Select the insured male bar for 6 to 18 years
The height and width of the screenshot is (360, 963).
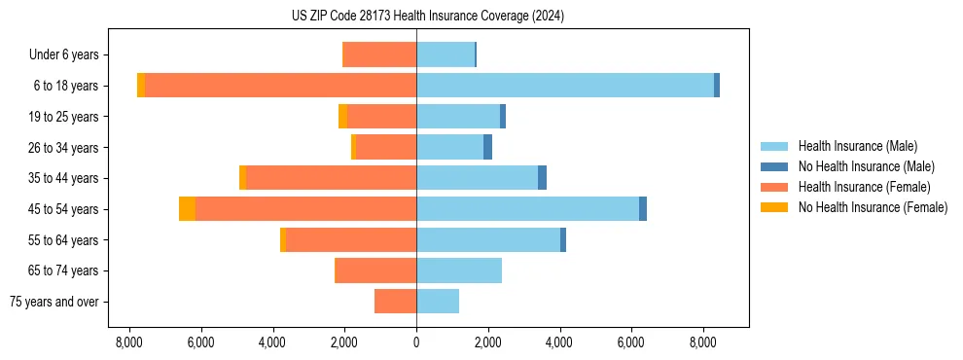[565, 86]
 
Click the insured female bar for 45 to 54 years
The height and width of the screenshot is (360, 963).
[305, 209]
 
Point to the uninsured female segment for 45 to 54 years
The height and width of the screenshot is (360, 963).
[187, 209]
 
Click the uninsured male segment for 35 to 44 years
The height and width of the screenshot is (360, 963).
[542, 178]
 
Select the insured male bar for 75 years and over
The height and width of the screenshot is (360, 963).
[438, 302]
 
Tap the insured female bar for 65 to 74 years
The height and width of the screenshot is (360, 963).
[375, 270]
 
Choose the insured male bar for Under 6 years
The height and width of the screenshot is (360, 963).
[445, 54]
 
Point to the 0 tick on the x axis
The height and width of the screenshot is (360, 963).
[416, 342]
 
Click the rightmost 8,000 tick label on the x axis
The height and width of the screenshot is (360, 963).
[703, 342]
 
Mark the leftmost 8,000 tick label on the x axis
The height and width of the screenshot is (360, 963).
[129, 342]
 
